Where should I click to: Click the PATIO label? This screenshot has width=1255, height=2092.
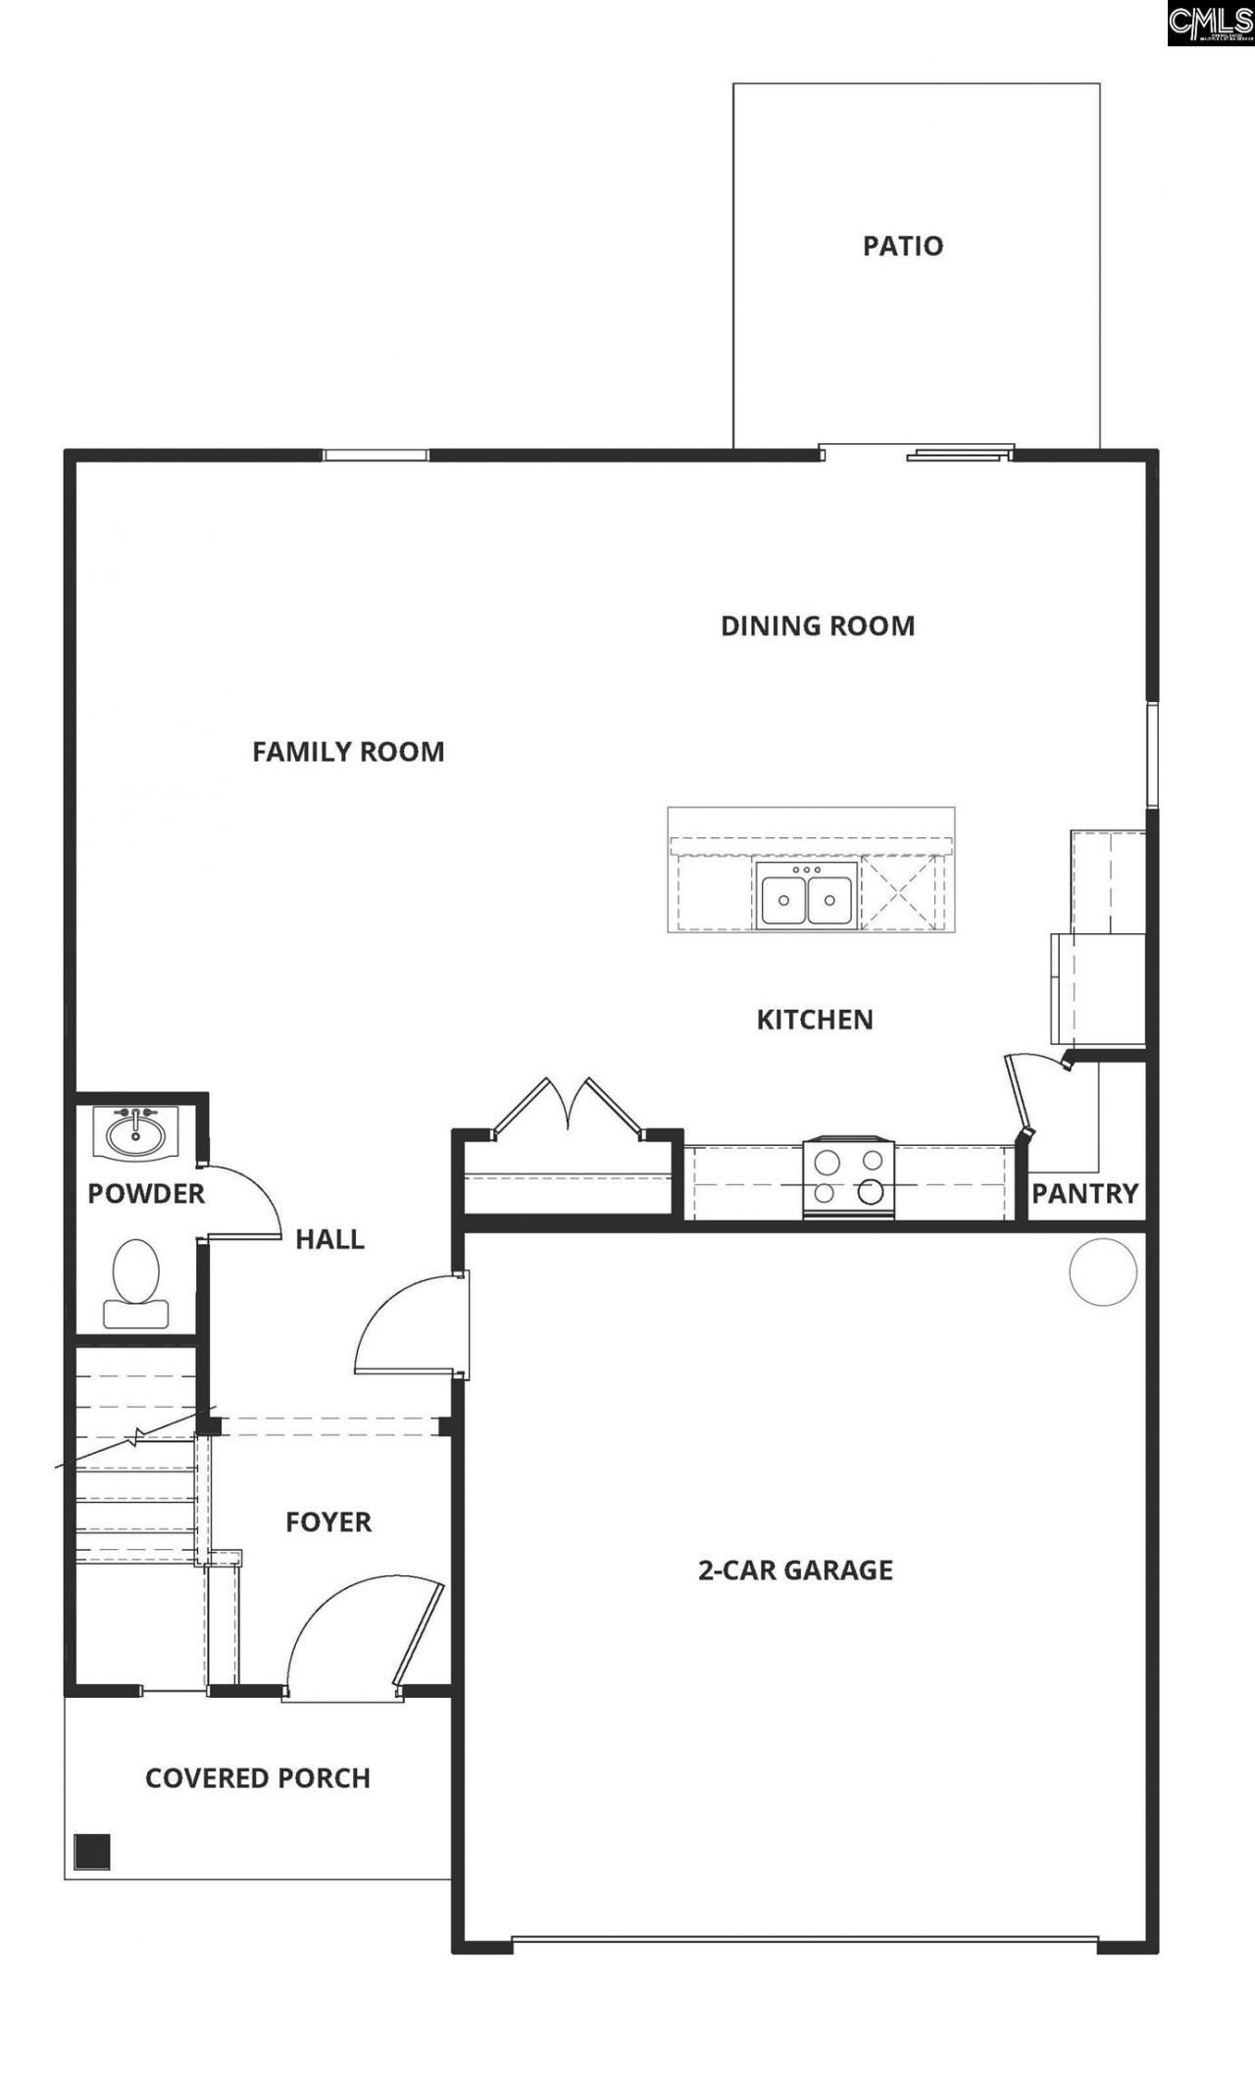pyautogui.click(x=902, y=245)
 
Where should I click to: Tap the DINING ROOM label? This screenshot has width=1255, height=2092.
pyautogui.click(x=818, y=625)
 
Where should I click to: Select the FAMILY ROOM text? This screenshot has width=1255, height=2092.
pyautogui.click(x=348, y=752)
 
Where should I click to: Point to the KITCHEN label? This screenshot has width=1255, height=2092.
pyautogui.click(x=815, y=1020)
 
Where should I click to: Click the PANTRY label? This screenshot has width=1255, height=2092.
pyautogui.click(x=1084, y=1193)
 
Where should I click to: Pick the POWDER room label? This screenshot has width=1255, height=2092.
pyautogui.click(x=146, y=1193)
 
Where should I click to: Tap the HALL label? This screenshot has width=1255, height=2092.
pyautogui.click(x=329, y=1239)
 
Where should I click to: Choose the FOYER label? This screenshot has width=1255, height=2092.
pyautogui.click(x=328, y=1521)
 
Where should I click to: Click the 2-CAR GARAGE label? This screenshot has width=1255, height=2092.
pyautogui.click(x=795, y=1569)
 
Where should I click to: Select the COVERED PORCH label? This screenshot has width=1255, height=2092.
pyautogui.click(x=258, y=1777)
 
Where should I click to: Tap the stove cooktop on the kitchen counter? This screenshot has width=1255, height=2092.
pyautogui.click(x=848, y=1177)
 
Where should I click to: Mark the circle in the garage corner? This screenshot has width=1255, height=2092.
pyautogui.click(x=1103, y=1270)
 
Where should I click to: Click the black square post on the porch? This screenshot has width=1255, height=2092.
pyautogui.click(x=92, y=1851)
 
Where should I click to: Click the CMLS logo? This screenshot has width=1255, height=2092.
pyautogui.click(x=1210, y=23)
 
